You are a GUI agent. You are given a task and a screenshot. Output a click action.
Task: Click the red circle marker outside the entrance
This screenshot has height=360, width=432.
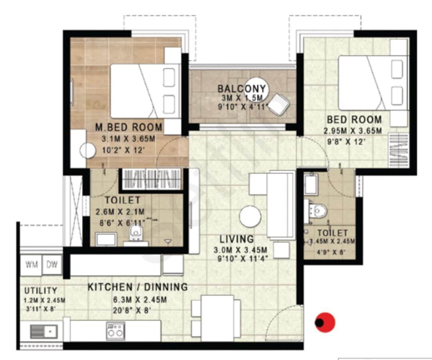pyautogui.click(x=325, y=322)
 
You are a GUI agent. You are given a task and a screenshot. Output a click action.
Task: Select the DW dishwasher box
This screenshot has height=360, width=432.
pyautogui.click(x=52, y=264)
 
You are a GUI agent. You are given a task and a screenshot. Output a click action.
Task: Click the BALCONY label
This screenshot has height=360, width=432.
pyautogui.click(x=241, y=88)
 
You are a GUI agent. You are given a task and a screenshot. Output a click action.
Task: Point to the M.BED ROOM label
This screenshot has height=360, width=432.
pyautogui.click(x=129, y=128)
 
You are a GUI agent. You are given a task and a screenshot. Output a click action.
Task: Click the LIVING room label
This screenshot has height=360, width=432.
pyautogui.click(x=237, y=239)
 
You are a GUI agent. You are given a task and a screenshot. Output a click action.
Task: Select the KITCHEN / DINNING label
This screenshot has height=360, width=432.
pyautogui.click(x=138, y=287)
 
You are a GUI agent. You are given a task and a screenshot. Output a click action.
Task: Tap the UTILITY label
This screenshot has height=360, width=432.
pyautogui.click(x=41, y=290)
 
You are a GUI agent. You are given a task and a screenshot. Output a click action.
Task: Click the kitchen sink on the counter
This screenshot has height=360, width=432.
pyautogui.click(x=44, y=332)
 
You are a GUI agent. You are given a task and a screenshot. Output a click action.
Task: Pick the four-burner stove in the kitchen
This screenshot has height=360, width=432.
pyautogui.click(x=115, y=332)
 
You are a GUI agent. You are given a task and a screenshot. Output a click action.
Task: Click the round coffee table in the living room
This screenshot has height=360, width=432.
pyautogui.click(x=250, y=217)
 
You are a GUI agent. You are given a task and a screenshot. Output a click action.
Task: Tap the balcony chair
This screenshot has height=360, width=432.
pyautogui.click(x=278, y=104)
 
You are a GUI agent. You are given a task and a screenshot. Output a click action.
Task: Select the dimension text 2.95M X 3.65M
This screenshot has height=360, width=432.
pyautogui.click(x=352, y=131)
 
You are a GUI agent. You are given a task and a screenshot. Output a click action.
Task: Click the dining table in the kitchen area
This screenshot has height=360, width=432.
pyautogui.click(x=217, y=318)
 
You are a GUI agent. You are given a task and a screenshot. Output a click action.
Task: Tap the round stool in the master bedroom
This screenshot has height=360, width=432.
pyautogui.click(x=88, y=151)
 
